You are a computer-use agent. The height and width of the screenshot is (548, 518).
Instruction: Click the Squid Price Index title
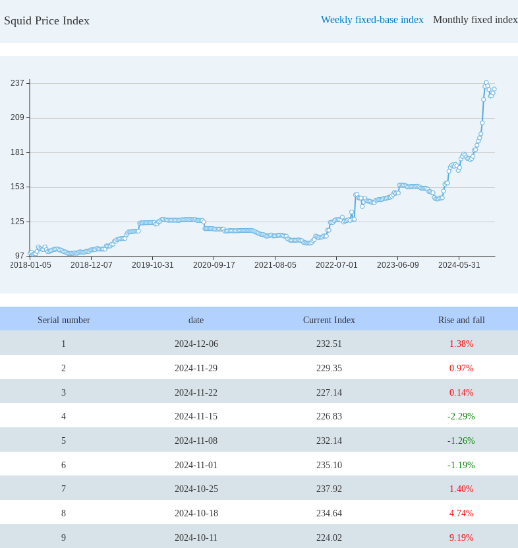tap(47, 20)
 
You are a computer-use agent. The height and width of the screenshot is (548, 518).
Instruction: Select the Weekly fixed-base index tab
tap(372, 20)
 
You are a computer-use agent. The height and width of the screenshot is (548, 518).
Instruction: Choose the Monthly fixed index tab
tap(475, 20)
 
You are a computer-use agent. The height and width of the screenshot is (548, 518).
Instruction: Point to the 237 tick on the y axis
tap(17, 83)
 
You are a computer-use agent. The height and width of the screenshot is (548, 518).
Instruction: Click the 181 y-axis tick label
tap(17, 152)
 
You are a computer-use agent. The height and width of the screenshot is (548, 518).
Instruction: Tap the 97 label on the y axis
tap(19, 256)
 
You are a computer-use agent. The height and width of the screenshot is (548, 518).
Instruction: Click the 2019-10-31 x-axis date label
tap(152, 265)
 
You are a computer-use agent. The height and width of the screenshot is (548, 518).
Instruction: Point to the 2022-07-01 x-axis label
tap(336, 265)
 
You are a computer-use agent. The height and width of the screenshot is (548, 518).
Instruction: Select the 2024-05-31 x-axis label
tap(459, 265)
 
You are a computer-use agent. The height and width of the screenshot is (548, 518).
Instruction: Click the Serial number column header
tap(63, 320)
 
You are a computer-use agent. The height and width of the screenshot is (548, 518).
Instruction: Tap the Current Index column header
tap(329, 320)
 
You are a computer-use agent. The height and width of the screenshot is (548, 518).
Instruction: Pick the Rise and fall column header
tap(461, 320)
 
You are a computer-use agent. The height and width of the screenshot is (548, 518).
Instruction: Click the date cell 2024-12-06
tap(196, 344)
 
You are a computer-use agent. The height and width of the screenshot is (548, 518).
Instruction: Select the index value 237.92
tap(329, 489)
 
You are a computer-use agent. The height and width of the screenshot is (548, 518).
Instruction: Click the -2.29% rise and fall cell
tap(461, 416)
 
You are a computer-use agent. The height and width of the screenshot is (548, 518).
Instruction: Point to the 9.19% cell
tap(461, 537)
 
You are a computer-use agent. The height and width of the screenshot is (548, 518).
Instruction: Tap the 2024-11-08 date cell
tap(196, 441)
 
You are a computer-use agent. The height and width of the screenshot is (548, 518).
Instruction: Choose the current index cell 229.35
tap(329, 368)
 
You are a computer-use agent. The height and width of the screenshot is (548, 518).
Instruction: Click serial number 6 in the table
tap(63, 465)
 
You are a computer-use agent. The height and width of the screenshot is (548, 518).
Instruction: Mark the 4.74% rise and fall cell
tap(461, 513)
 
